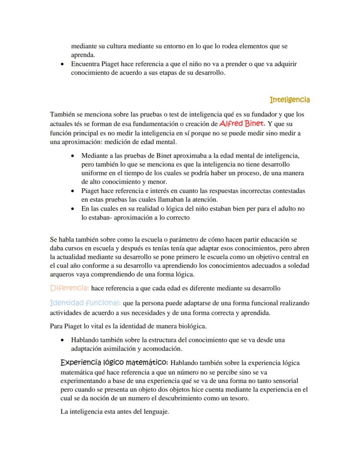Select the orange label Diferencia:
coord(70,288)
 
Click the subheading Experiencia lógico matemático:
coord(114,362)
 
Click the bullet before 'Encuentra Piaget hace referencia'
coord(63,64)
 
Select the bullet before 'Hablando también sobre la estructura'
coord(63,340)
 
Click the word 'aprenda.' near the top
coord(83,54)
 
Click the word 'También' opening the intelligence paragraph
coord(61,114)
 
